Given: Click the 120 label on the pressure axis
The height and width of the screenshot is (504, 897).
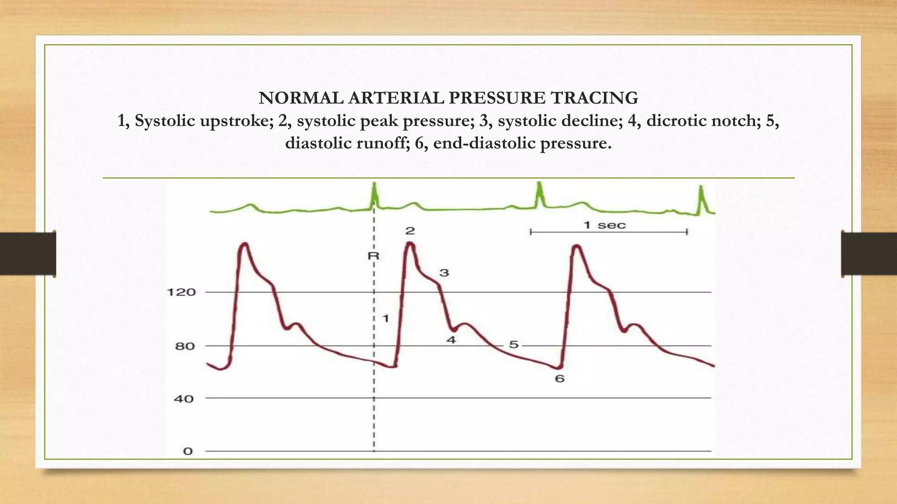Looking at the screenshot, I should coord(181,292).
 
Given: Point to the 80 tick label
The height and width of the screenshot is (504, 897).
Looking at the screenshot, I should coord(185,346).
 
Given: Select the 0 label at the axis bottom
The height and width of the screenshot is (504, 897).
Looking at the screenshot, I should coord(188,451).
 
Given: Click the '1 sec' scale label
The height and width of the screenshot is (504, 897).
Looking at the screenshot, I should coord(605,225).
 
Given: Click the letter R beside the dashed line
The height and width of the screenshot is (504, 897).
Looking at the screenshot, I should coord(373,255).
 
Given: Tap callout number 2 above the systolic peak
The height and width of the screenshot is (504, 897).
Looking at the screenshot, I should coord(410,231).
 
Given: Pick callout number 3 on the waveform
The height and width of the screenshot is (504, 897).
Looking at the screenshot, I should coord(444,273).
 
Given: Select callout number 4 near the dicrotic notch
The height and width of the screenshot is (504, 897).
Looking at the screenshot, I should coord(451,340).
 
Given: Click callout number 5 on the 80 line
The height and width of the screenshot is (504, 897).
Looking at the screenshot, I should coord(514,345).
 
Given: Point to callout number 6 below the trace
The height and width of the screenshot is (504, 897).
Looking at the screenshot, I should coord(560,379).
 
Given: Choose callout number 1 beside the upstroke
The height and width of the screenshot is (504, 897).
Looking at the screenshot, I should coord(385,318).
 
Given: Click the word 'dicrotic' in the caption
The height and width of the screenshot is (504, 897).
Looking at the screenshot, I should coord(675,121).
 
